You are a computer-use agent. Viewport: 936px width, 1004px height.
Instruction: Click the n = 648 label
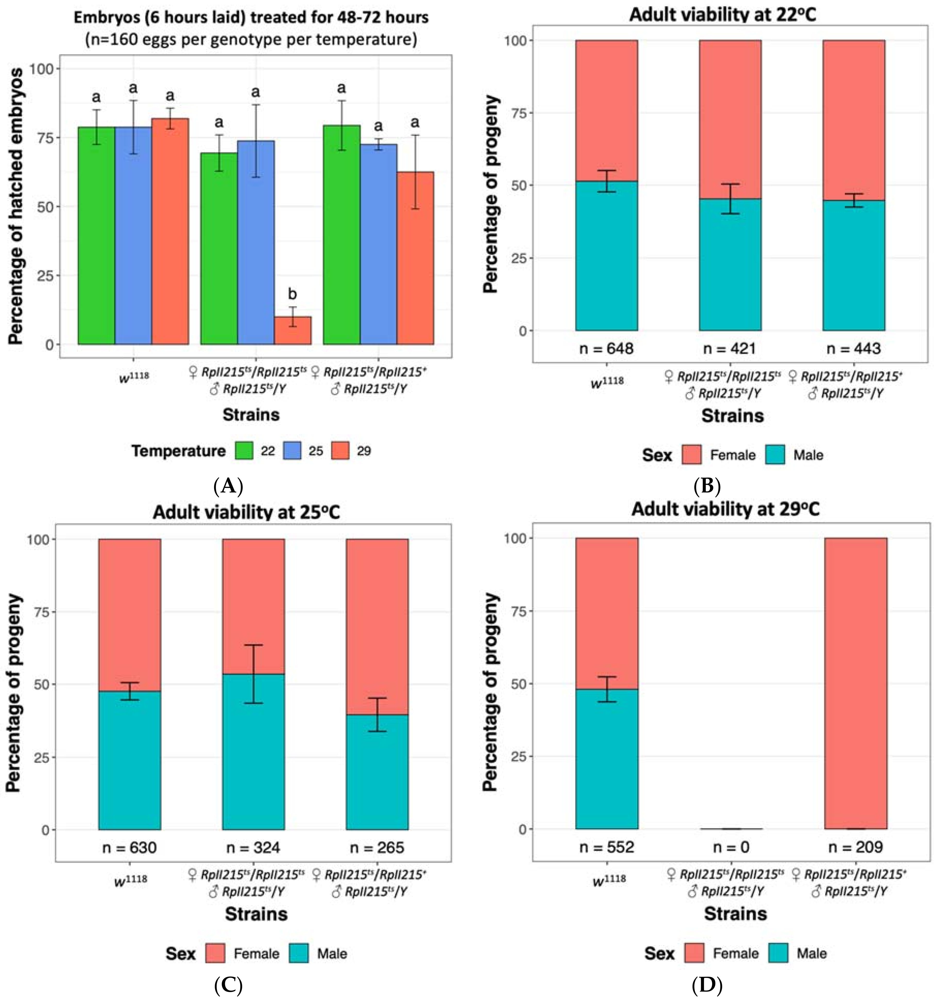606,348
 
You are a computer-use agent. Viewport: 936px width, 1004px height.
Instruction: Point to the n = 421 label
730,348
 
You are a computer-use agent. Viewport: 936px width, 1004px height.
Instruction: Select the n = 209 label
855,847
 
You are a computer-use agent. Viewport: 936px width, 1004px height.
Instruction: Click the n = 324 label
253,848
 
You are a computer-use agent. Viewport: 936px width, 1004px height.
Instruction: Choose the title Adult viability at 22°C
722,15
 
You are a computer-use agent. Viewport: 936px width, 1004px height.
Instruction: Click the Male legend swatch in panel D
778,953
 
